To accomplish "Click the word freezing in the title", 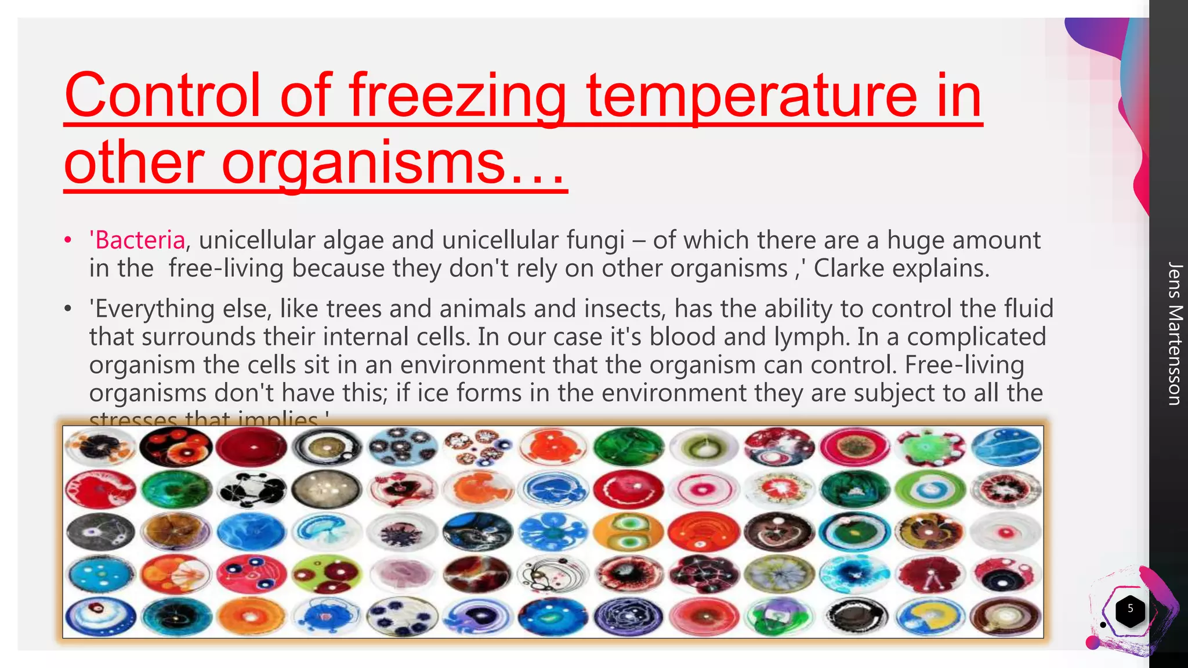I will pyautogui.click(x=458, y=96).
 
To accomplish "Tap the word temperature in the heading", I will pyautogui.click(x=751, y=96).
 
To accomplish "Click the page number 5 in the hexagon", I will pyautogui.click(x=1130, y=608).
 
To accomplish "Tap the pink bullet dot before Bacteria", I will pyautogui.click(x=68, y=240).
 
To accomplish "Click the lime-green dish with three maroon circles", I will pyautogui.click(x=327, y=573).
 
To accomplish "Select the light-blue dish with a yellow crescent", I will pyautogui.click(x=930, y=616).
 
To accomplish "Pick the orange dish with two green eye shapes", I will pyautogui.click(x=628, y=532).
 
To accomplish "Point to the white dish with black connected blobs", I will pyautogui.click(x=251, y=489).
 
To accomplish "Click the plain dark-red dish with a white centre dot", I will pyautogui.click(x=251, y=448).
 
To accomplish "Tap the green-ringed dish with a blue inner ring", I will pyautogui.click(x=930, y=489).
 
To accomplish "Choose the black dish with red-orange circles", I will pyautogui.click(x=176, y=448).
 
